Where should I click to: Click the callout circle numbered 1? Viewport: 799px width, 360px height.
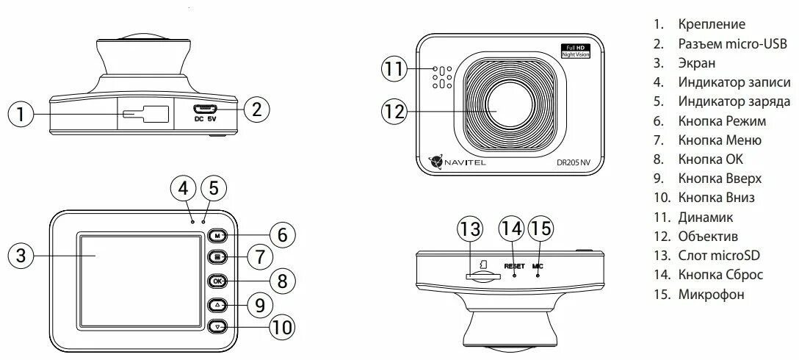(21, 114)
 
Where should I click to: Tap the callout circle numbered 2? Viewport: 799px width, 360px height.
(256, 109)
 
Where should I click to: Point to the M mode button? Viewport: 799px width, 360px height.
(218, 236)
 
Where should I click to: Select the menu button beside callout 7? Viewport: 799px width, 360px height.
(218, 258)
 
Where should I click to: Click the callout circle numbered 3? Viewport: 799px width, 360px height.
(21, 256)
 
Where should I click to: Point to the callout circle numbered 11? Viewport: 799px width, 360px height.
(395, 71)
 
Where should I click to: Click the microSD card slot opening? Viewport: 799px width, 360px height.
(484, 276)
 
